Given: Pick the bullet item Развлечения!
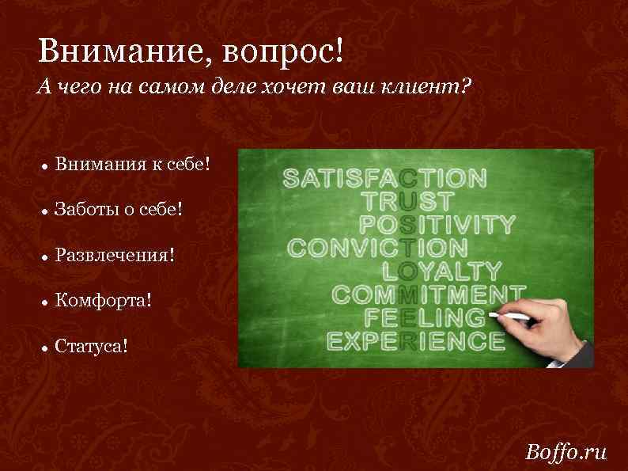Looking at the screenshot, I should (115, 256).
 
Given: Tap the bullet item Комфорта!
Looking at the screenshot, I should (102, 301).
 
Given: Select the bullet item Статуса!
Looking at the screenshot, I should (91, 346).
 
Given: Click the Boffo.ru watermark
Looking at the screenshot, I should (566, 452).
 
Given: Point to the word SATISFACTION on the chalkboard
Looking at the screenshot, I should (385, 177).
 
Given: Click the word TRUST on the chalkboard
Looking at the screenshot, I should (408, 200).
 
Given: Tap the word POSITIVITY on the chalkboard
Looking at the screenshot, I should (437, 224).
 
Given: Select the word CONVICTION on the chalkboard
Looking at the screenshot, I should (377, 247).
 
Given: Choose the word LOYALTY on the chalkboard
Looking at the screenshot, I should (442, 271).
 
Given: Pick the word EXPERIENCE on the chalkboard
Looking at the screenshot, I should (416, 341).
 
